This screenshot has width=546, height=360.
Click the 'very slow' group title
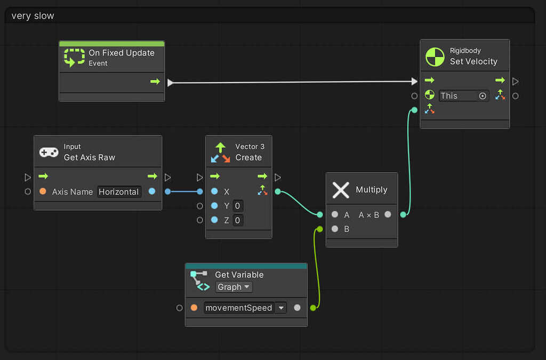(x=33, y=16)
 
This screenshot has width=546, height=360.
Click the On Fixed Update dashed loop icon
(x=74, y=57)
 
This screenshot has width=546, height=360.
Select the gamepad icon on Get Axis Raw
(x=49, y=152)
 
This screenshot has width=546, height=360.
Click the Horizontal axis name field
(x=119, y=192)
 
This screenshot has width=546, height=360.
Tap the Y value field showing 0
(x=237, y=206)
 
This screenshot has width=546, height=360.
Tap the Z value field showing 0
(x=237, y=220)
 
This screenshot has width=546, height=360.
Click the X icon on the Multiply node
(x=341, y=190)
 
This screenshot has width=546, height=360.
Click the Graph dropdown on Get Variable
(x=234, y=287)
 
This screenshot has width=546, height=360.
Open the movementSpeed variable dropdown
(x=280, y=308)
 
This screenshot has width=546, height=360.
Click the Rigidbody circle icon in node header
(x=435, y=57)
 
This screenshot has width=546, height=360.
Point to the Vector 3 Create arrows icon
(x=221, y=152)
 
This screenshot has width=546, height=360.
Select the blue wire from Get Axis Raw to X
(x=184, y=191)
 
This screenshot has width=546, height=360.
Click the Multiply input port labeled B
(x=335, y=229)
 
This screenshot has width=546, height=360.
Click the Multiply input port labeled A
(x=335, y=215)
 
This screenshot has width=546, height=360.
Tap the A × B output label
(x=369, y=215)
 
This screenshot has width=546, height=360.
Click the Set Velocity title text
(x=473, y=61)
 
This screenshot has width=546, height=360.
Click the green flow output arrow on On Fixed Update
(x=155, y=82)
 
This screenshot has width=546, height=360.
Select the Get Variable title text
(x=239, y=275)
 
